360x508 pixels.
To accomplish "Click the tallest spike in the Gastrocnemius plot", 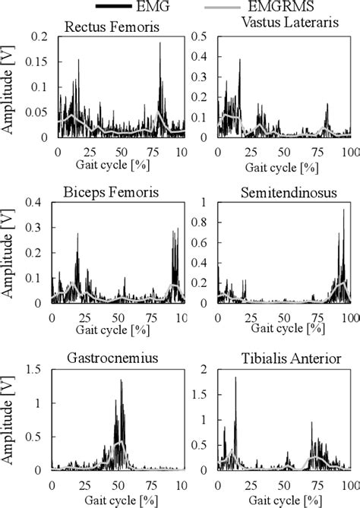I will point(121,380).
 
